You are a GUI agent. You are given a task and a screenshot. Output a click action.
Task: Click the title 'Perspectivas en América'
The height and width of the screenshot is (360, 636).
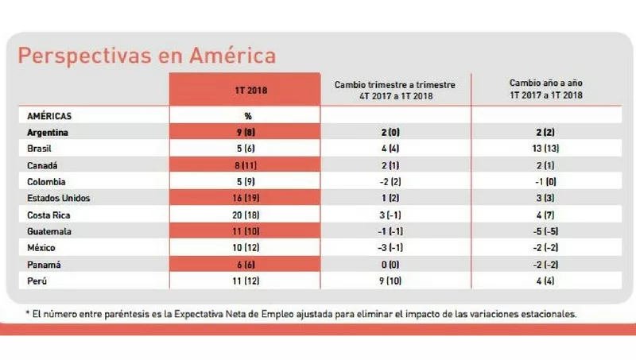click(x=147, y=56)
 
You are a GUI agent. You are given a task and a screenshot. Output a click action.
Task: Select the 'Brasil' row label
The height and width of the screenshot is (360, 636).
click(x=41, y=148)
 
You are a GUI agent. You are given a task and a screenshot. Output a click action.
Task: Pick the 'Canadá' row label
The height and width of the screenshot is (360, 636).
click(x=43, y=165)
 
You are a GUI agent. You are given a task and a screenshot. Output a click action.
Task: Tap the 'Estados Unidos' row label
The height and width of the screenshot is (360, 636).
click(x=58, y=198)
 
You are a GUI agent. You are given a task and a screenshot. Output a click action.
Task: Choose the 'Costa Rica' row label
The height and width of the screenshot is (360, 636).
click(x=48, y=215)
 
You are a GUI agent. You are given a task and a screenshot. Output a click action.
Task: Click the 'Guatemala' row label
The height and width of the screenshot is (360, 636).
click(x=49, y=231)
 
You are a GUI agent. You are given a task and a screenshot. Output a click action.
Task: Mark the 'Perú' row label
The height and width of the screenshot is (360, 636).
click(x=38, y=281)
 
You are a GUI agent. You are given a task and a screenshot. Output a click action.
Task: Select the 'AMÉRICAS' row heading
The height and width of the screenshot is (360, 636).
click(x=49, y=115)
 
